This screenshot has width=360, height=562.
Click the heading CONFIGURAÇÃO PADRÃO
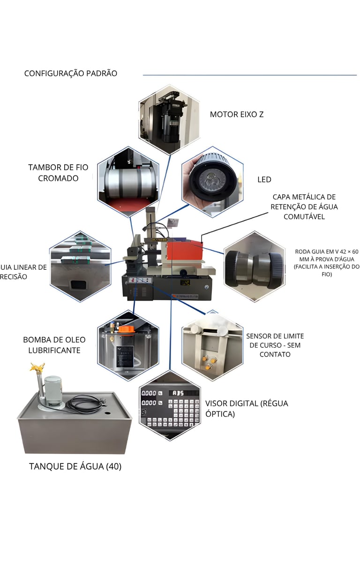pyautogui.click(x=70, y=74)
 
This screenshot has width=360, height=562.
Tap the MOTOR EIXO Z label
pyautogui.click(x=236, y=114)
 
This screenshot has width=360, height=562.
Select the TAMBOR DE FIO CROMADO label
pyautogui.click(x=58, y=173)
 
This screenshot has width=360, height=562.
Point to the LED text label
pyautogui.click(x=264, y=179)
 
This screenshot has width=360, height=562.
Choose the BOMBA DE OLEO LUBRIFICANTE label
pyautogui.click(x=52, y=345)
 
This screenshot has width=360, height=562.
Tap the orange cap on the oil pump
pyautogui.click(x=124, y=329)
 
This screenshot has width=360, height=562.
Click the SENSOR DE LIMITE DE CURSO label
pyautogui.click(x=275, y=345)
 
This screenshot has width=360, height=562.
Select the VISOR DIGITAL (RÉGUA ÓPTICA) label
pyautogui.click(x=247, y=408)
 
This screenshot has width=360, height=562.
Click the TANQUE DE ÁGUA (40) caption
pyautogui.click(x=75, y=466)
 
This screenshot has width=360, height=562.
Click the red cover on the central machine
pyautogui.click(x=185, y=251)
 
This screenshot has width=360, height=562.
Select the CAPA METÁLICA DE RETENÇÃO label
pyautogui.click(x=304, y=206)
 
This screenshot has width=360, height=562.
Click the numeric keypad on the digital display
pyautogui.click(x=181, y=413)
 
